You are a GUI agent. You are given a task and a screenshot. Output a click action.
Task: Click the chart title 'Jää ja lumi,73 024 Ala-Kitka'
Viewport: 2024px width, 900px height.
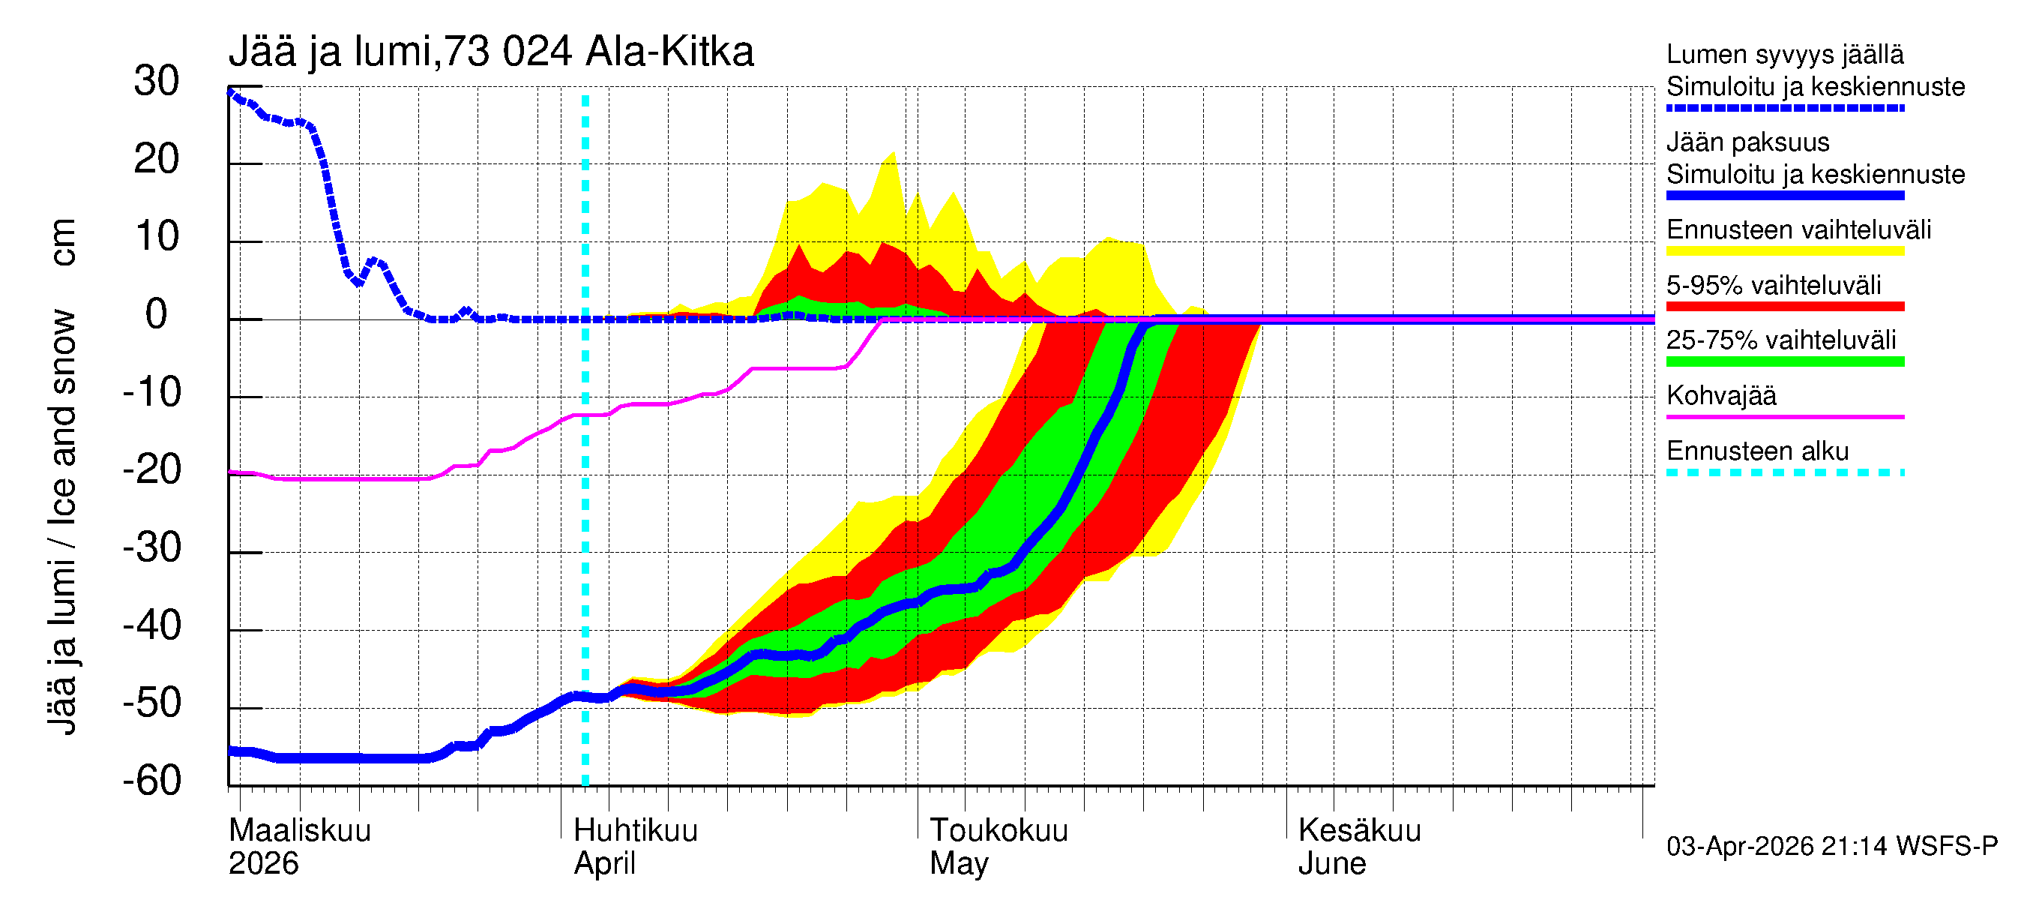click(491, 52)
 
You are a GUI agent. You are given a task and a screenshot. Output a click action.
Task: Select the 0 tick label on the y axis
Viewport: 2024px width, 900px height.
click(157, 315)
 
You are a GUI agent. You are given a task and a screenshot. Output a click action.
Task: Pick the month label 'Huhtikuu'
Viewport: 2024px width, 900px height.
click(636, 831)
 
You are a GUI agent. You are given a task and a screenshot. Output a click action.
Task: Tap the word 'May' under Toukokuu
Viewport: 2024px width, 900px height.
click(959, 864)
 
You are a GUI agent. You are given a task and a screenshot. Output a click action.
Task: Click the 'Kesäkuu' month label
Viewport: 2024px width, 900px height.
click(1359, 831)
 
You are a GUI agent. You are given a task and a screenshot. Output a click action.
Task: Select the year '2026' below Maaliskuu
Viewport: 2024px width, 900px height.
click(263, 864)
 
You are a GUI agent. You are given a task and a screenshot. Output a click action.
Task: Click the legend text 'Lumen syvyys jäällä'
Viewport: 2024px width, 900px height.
click(1785, 55)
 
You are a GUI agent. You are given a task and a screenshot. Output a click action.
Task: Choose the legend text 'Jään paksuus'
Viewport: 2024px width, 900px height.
click(1747, 142)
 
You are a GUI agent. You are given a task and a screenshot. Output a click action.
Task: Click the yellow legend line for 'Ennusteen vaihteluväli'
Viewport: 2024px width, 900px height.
click(1785, 251)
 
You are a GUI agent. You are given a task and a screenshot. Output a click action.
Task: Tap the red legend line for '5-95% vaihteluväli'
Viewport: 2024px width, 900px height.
click(1785, 307)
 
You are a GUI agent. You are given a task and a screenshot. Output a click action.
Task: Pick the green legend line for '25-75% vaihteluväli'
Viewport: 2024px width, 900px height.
click(1785, 361)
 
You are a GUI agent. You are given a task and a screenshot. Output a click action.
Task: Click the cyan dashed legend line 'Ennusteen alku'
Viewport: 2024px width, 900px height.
click(1785, 472)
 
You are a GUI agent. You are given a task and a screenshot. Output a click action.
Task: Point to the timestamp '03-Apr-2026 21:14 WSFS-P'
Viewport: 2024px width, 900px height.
click(1831, 847)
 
